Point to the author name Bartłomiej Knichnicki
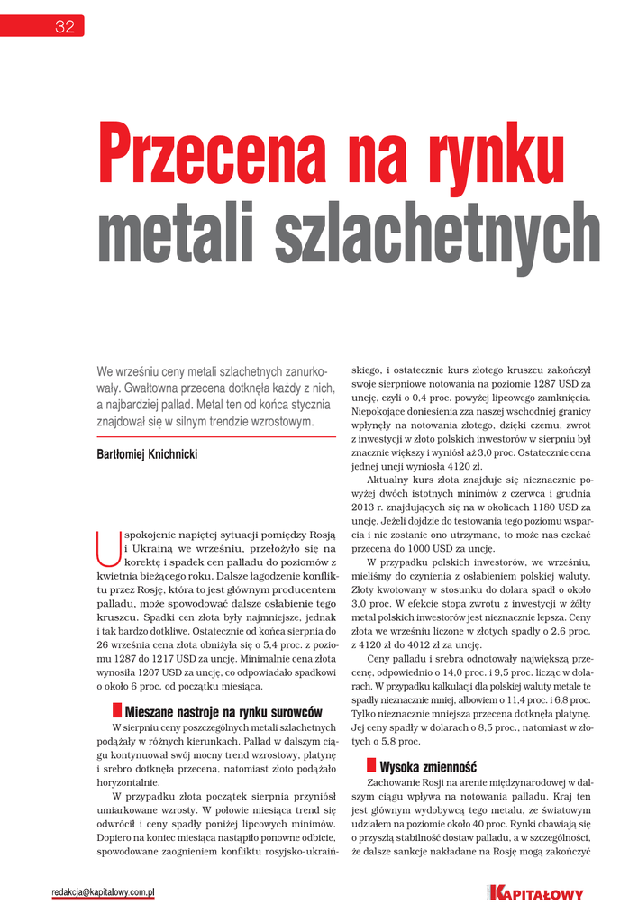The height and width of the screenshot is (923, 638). pos(147,455)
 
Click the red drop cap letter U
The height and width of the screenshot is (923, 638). pos(106,544)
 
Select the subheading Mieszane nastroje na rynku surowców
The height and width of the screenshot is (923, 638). pos(223,712)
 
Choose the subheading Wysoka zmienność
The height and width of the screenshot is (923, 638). pos(427,767)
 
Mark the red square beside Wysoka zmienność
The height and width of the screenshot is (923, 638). pos(371,766)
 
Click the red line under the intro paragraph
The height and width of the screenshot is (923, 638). pos(215,436)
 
